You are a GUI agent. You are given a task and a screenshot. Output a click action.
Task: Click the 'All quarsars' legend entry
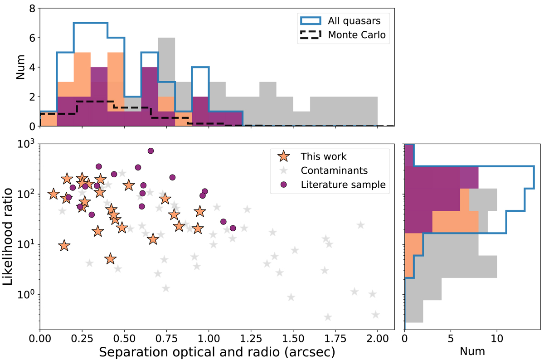click(345, 20)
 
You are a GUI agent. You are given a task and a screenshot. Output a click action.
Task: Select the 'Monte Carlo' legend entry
click(345, 35)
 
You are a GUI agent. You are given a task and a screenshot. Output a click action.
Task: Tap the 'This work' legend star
click(283, 157)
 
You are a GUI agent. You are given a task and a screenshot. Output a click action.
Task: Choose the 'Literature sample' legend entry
click(342, 185)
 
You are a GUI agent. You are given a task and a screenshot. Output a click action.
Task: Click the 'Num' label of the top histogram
click(20, 67)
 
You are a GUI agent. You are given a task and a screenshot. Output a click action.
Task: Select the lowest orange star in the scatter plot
click(110, 259)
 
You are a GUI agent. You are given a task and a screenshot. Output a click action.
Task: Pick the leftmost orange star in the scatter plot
click(53, 194)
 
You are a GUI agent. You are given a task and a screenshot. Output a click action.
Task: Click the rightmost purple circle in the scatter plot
click(233, 228)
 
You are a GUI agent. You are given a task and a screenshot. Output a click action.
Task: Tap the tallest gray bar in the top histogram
click(166, 82)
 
